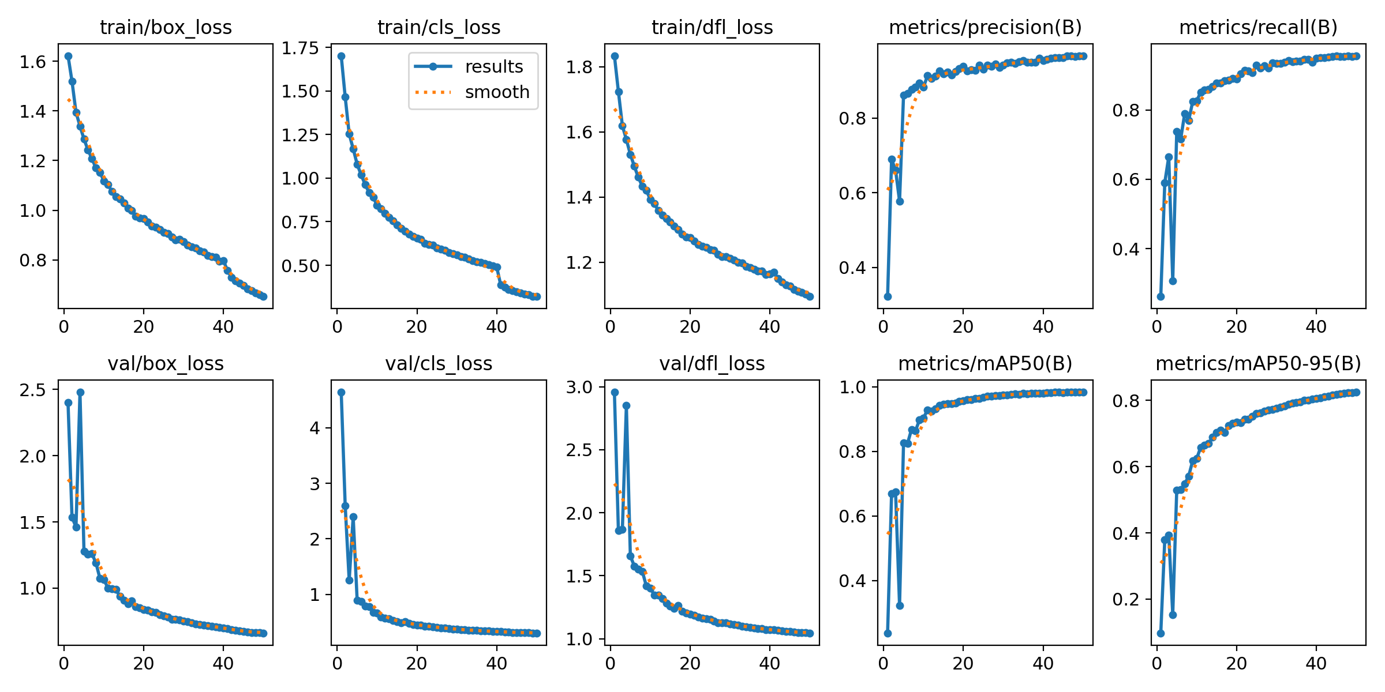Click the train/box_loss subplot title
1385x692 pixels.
coord(166,27)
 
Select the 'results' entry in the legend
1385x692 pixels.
coord(493,66)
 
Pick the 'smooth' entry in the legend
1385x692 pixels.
coord(497,92)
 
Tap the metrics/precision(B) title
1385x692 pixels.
coord(985,27)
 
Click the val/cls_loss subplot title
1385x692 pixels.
coord(439,363)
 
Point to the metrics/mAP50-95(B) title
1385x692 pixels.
coord(1258,363)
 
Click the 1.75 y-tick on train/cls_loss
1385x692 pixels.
coord(300,48)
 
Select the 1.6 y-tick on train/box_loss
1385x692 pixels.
coord(32,62)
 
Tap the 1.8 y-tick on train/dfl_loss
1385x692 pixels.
coord(579,67)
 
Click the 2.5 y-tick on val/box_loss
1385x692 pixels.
coord(32,390)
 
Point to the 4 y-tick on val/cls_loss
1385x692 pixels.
coord(315,428)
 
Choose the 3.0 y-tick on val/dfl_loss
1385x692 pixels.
coord(579,387)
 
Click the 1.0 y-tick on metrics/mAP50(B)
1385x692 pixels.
coord(852,387)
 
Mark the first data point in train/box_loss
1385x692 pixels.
coord(68,56)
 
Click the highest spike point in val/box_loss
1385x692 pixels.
coord(80,392)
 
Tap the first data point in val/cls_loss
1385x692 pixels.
coord(341,392)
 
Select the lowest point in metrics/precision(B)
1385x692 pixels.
coord(888,296)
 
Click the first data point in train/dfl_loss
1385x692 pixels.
coord(615,56)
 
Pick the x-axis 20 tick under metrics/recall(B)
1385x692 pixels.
coord(1236,326)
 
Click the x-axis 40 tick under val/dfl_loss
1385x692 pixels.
coord(769,663)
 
